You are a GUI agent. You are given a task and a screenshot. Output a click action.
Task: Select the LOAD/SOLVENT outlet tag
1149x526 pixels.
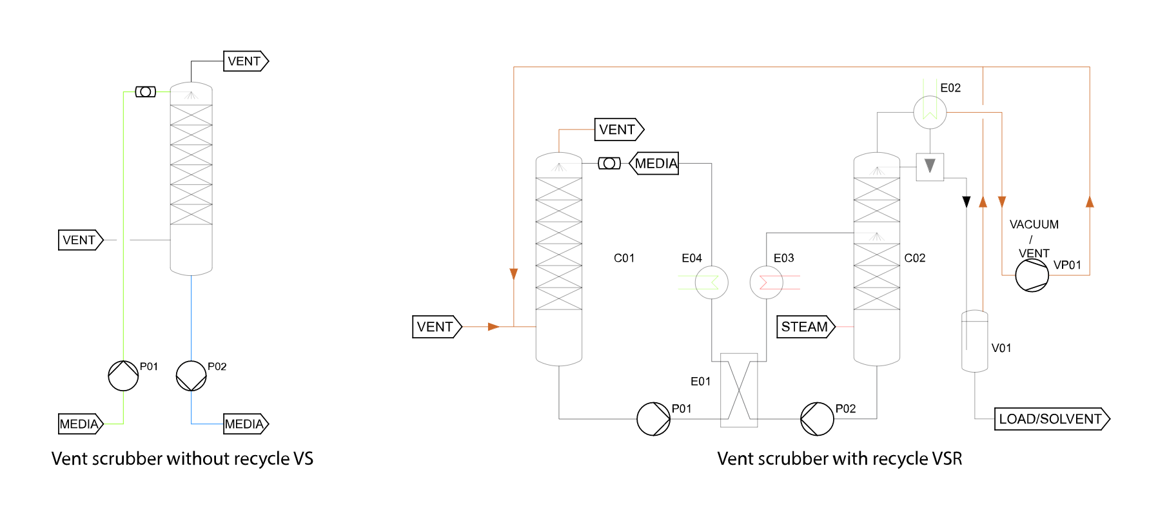tap(1051, 419)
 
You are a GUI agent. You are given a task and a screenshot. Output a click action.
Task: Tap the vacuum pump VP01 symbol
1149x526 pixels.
tap(1032, 275)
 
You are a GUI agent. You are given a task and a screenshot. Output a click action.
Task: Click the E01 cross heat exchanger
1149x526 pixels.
tap(739, 390)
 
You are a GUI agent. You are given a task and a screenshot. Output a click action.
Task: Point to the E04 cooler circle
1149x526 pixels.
tap(712, 282)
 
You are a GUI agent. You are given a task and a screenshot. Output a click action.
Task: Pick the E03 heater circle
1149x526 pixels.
tap(767, 282)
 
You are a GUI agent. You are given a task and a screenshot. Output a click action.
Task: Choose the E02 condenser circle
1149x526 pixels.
tap(930, 112)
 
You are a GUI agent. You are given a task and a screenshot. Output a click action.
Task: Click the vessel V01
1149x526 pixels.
tap(974, 342)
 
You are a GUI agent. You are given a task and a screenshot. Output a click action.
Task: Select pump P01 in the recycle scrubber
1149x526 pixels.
tap(653, 419)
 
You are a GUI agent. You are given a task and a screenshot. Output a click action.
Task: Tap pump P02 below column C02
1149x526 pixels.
tap(817, 419)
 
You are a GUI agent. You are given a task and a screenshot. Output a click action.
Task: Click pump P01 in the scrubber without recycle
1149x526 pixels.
tap(123, 376)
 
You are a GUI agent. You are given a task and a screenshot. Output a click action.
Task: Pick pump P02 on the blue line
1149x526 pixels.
tap(191, 376)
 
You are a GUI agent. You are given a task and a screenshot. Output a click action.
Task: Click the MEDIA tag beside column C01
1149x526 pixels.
tap(654, 164)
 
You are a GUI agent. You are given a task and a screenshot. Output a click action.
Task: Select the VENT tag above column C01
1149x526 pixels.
tap(618, 130)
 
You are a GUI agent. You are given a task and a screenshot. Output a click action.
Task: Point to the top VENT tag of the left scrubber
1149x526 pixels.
tap(245, 61)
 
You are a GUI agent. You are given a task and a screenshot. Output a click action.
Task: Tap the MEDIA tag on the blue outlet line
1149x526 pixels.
tap(245, 424)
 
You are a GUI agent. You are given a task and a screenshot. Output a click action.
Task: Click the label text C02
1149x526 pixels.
tap(914, 258)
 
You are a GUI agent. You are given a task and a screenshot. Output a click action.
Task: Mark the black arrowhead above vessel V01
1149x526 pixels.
tap(966, 202)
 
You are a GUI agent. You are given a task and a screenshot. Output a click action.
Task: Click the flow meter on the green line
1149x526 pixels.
tap(146, 92)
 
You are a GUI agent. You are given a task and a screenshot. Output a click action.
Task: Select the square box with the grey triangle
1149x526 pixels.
tap(930, 167)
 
